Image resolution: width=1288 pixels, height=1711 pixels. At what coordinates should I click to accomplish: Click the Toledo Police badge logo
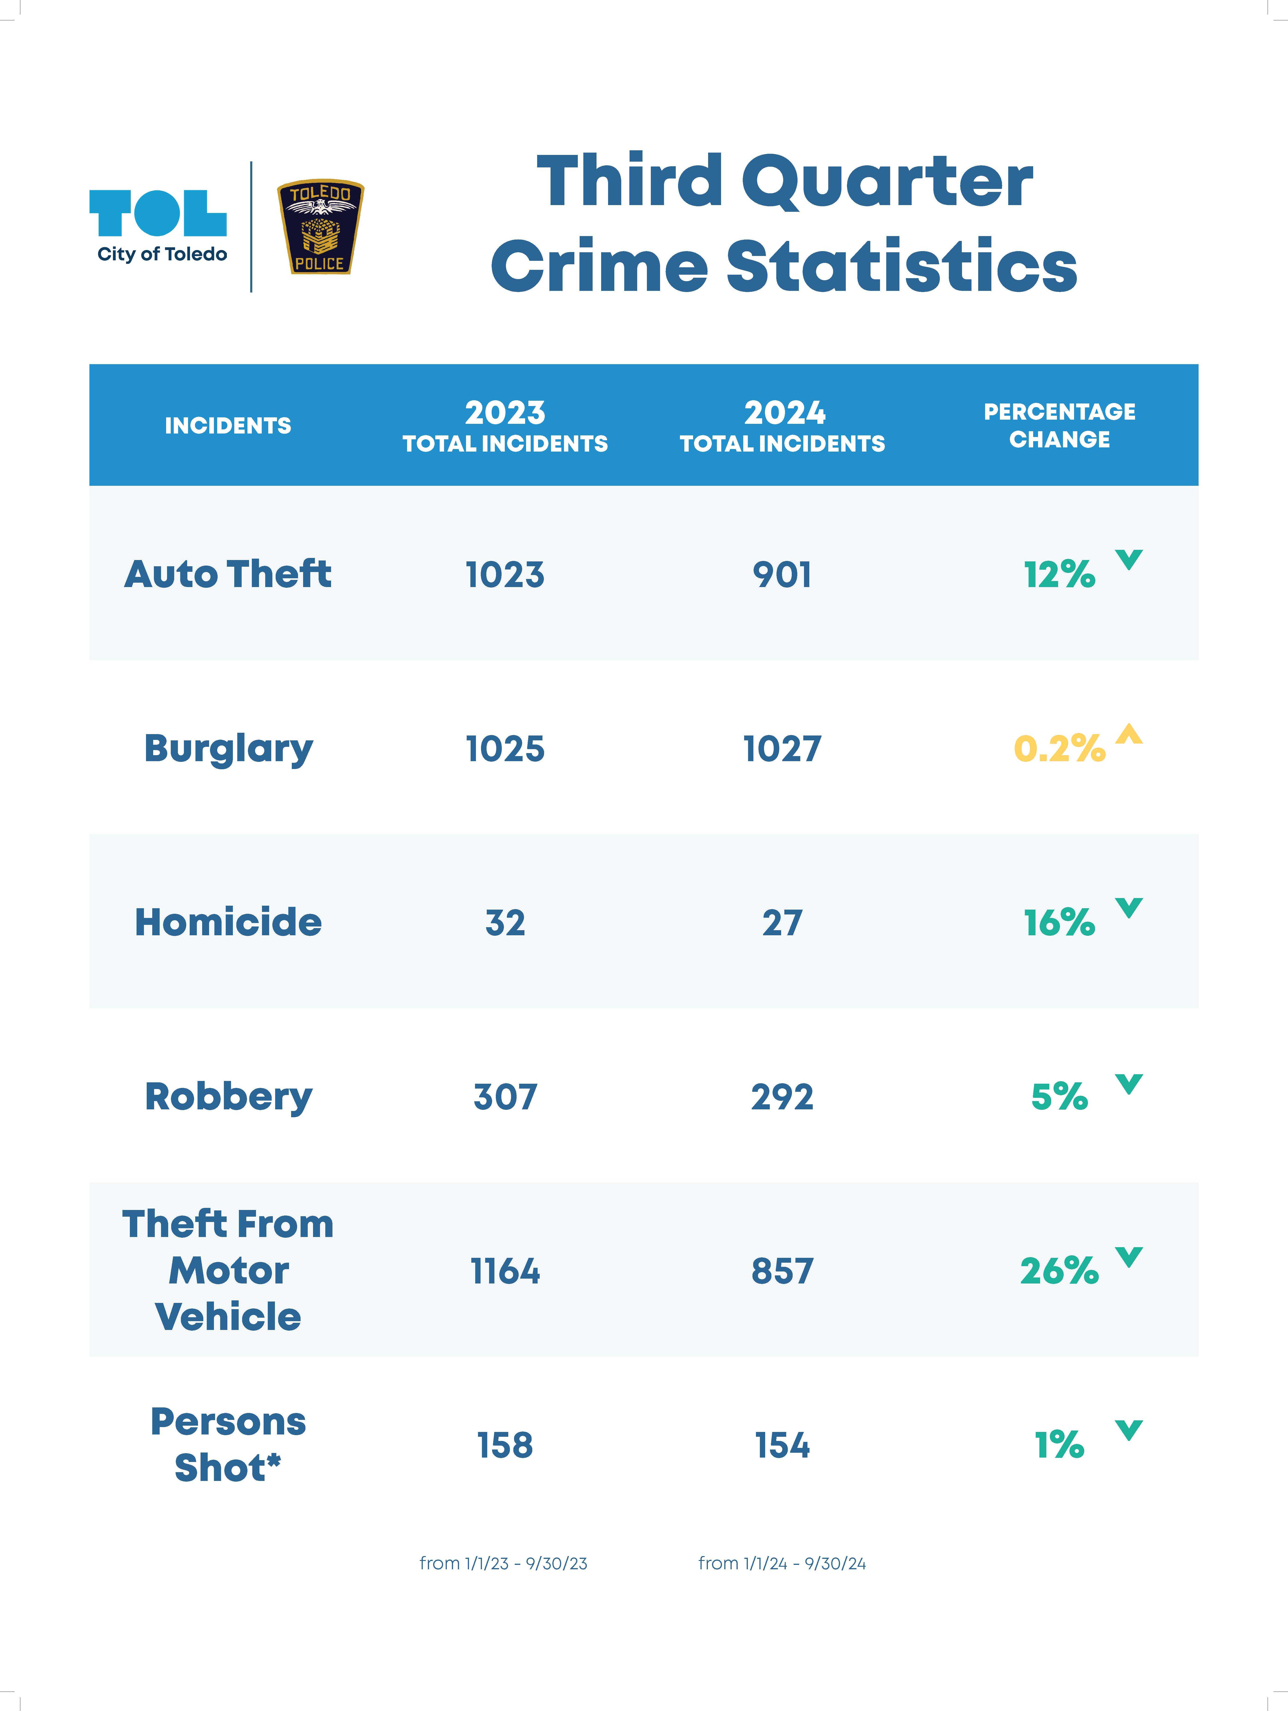320,228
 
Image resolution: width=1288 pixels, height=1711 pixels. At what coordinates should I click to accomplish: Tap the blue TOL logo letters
158,213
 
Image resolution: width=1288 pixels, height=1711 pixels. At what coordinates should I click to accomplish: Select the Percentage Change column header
1059,425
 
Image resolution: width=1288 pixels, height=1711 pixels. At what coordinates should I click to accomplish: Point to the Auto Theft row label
228,574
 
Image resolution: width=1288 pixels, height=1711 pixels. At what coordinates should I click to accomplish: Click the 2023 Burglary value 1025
505,749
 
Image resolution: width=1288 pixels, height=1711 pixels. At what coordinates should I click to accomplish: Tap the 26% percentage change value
1059,1271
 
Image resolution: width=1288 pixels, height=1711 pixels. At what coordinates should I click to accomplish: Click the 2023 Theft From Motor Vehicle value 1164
505,1271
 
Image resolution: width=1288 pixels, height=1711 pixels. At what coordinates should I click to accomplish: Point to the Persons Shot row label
228,1444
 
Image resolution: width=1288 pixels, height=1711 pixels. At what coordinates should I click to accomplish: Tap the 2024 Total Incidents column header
782,425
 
